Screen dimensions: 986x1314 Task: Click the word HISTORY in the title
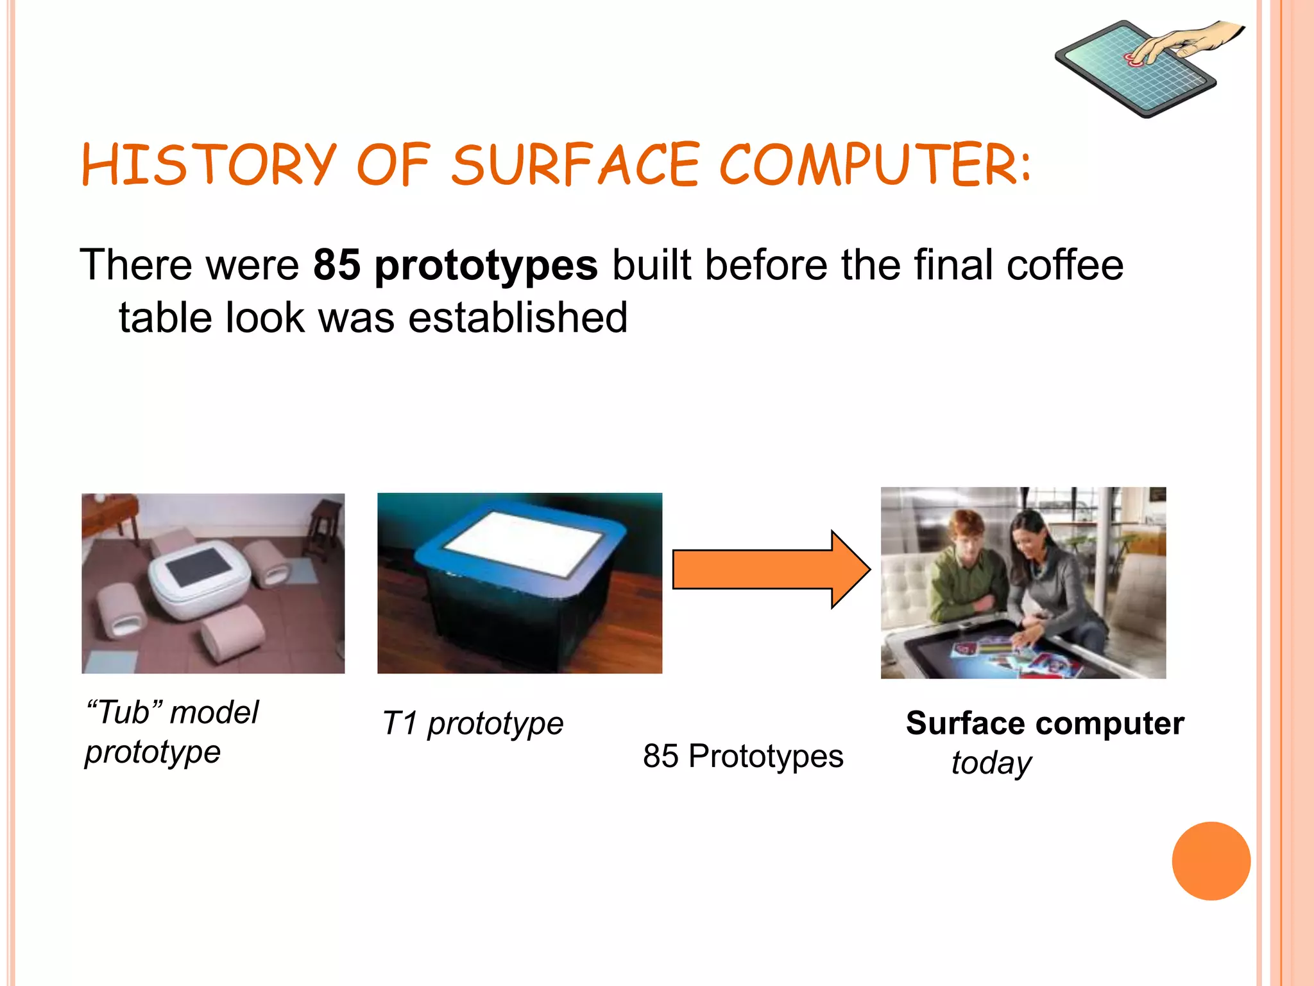[209, 165]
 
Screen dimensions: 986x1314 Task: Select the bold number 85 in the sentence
[337, 265]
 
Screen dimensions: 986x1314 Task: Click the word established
[518, 318]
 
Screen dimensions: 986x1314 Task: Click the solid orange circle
[1211, 861]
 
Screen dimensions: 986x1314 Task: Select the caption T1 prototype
[472, 724]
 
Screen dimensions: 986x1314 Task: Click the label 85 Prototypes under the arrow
[743, 756]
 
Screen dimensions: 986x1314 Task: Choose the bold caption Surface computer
[1045, 723]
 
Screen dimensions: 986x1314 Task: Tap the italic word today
[991, 763]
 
